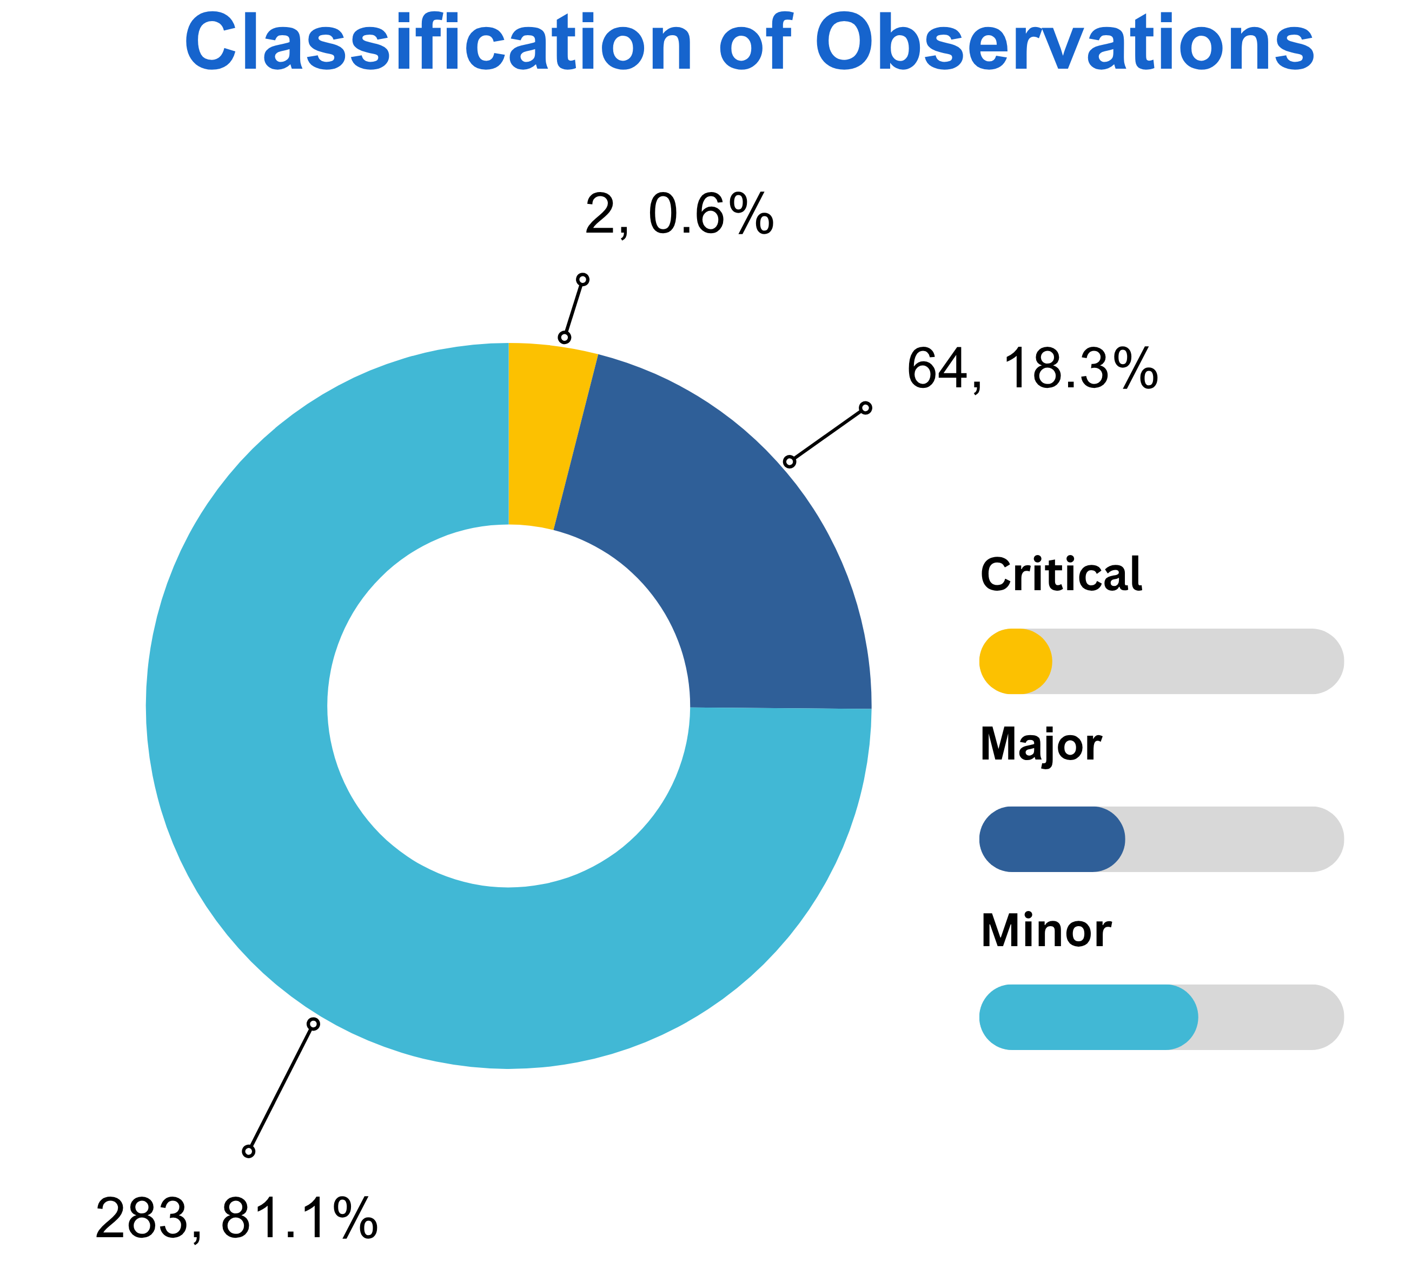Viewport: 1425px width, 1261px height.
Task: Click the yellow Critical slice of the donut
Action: pyautogui.click(x=544, y=432)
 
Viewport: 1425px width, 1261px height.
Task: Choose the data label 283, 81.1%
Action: pyautogui.click(x=236, y=1218)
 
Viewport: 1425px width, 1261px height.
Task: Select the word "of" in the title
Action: pyautogui.click(x=755, y=43)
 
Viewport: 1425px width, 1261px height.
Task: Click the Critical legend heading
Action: pyautogui.click(x=1061, y=575)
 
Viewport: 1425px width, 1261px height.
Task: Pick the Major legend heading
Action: pyautogui.click(x=1041, y=745)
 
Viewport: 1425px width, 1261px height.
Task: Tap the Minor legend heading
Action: pyautogui.click(x=1046, y=930)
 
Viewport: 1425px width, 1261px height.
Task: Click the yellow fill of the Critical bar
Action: pyautogui.click(x=1015, y=661)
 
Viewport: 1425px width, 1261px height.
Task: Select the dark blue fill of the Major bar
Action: pyautogui.click(x=1051, y=839)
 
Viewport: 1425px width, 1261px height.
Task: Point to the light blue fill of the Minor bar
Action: pyautogui.click(x=1088, y=1017)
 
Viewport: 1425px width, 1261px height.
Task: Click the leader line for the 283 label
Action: pyautogui.click(x=281, y=1087)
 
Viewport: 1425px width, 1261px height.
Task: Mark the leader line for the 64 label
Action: pyautogui.click(x=827, y=434)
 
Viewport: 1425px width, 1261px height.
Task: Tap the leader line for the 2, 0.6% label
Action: pyautogui.click(x=574, y=309)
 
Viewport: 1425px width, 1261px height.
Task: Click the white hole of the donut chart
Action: pyautogui.click(x=508, y=706)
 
